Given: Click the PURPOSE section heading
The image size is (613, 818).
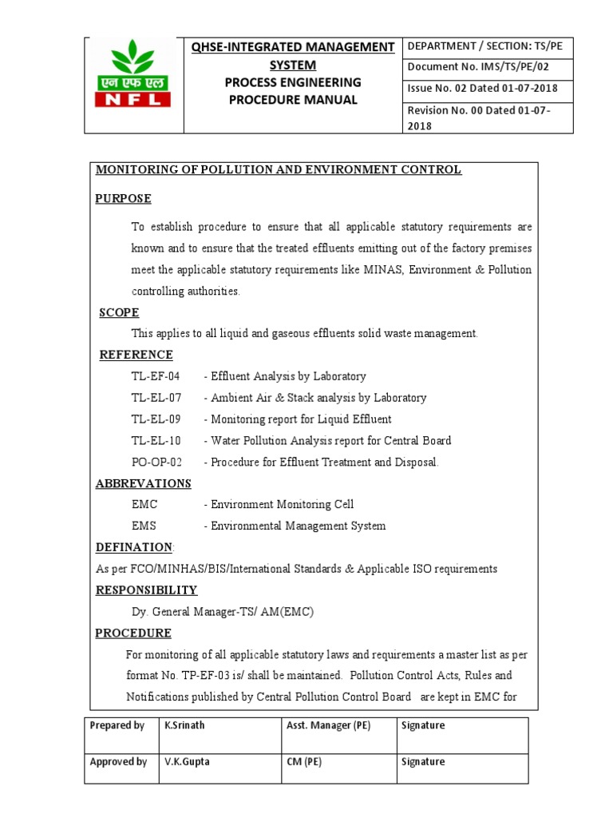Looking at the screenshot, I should click(124, 198).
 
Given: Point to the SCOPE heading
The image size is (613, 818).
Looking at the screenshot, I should click(119, 312).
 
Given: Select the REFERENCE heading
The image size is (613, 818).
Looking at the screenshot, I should click(136, 355).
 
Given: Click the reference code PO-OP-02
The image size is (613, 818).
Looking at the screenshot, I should click(157, 463).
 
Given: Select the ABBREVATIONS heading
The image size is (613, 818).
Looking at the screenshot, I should click(144, 483).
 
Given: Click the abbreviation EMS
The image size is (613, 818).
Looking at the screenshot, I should click(144, 526).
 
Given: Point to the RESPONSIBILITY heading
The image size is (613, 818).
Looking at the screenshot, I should click(147, 590).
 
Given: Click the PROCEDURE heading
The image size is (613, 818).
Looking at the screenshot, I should click(133, 633).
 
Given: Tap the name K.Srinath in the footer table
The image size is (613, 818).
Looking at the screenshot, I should click(185, 726).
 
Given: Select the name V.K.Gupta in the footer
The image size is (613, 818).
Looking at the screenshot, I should click(185, 762).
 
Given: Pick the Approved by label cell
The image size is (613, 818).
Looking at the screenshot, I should click(119, 762).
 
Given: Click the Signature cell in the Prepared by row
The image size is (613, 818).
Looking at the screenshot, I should click(425, 726).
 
